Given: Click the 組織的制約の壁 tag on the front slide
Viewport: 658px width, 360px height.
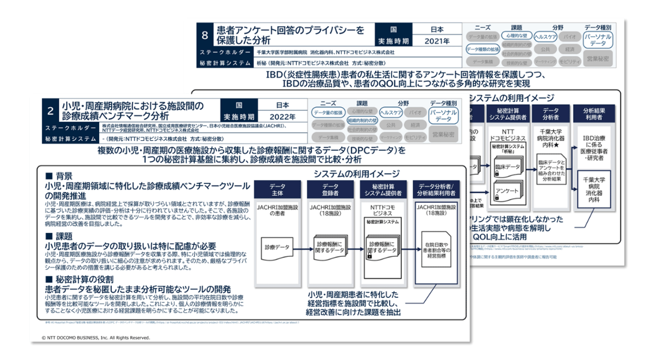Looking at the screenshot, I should pos(362,120).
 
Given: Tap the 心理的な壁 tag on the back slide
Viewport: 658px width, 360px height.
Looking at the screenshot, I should pos(517,35).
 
